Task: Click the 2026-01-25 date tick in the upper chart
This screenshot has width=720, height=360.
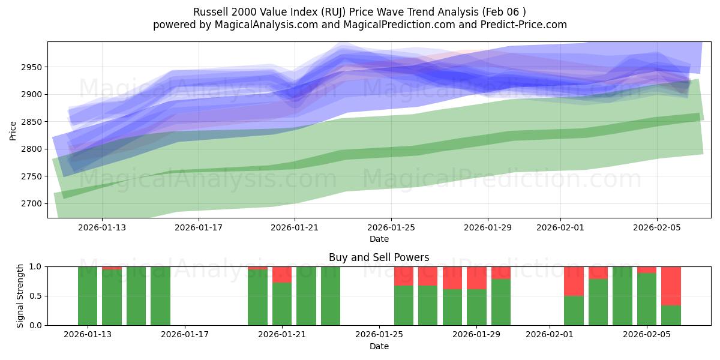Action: pos(391,227)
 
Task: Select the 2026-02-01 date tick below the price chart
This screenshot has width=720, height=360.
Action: pos(560,227)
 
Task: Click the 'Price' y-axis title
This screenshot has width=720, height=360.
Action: pos(13,130)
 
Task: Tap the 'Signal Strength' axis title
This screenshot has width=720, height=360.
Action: pos(20,296)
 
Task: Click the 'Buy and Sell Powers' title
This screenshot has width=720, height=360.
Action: pos(379,257)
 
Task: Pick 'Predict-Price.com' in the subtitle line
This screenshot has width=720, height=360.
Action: pos(526,25)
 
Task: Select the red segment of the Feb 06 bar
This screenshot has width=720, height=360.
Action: pos(671,286)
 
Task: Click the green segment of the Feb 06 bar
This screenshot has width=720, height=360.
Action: pos(671,315)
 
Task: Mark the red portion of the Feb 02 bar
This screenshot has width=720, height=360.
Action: pos(574,281)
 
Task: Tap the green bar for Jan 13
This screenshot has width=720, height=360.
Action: pos(88,296)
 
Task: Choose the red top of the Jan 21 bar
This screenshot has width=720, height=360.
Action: pos(282,274)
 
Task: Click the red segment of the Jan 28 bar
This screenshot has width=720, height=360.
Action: pos(452,278)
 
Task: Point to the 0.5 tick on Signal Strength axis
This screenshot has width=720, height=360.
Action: pos(35,296)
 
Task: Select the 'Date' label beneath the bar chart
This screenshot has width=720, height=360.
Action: pos(379,346)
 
